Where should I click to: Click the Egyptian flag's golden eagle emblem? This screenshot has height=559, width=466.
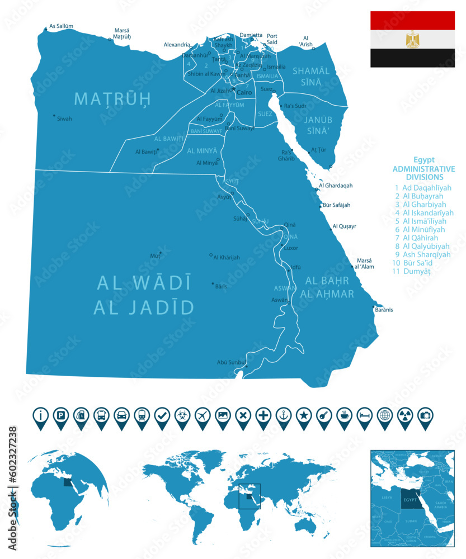tap(412, 39)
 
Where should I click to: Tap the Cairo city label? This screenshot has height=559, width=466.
tap(244, 92)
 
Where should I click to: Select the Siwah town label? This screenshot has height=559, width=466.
tap(64, 119)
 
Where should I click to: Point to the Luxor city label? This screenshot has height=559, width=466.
tap(291, 248)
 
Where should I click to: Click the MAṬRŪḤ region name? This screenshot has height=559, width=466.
tap(113, 99)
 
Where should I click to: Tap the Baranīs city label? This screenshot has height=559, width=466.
tap(384, 310)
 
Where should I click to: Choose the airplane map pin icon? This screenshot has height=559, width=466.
tap(202, 415)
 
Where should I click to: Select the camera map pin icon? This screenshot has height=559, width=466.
tap(425, 415)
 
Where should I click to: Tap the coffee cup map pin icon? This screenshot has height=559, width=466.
tap(344, 415)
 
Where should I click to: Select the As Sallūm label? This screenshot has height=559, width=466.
tap(62, 26)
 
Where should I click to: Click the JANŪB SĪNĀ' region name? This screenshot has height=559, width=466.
tap(317, 125)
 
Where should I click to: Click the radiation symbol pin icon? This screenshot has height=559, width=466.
tap(405, 415)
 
